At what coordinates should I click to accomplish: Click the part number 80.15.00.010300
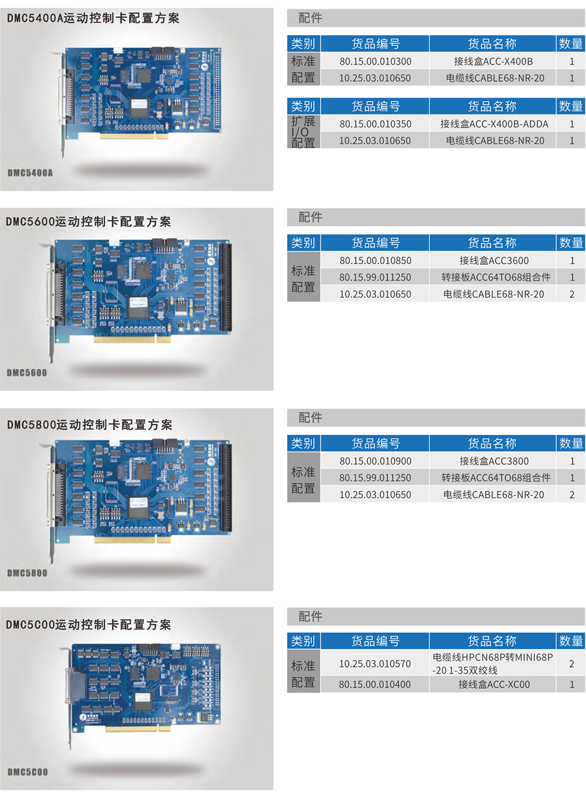(x=376, y=62)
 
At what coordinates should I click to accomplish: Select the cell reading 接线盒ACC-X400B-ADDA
(x=494, y=124)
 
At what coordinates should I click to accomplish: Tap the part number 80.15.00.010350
(x=376, y=124)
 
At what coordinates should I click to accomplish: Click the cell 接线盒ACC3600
(x=494, y=260)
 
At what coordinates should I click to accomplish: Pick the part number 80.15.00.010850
(x=376, y=260)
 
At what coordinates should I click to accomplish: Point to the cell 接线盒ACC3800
(x=494, y=461)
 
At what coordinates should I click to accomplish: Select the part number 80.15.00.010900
(x=376, y=461)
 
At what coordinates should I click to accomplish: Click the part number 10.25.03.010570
(x=375, y=664)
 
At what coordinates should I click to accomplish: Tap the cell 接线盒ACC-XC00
(x=494, y=684)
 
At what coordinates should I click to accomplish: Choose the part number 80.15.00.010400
(x=375, y=684)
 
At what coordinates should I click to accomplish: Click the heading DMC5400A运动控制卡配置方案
(x=93, y=18)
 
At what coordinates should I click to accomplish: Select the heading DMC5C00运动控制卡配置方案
(x=88, y=625)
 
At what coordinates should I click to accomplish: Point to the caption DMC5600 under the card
(x=27, y=372)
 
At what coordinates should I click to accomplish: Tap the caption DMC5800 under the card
(x=28, y=573)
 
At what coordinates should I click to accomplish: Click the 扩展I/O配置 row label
(x=303, y=132)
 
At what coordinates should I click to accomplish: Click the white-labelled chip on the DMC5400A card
(x=139, y=106)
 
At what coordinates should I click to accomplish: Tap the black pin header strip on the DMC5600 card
(x=226, y=287)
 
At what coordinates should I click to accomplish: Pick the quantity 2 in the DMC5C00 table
(x=572, y=664)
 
